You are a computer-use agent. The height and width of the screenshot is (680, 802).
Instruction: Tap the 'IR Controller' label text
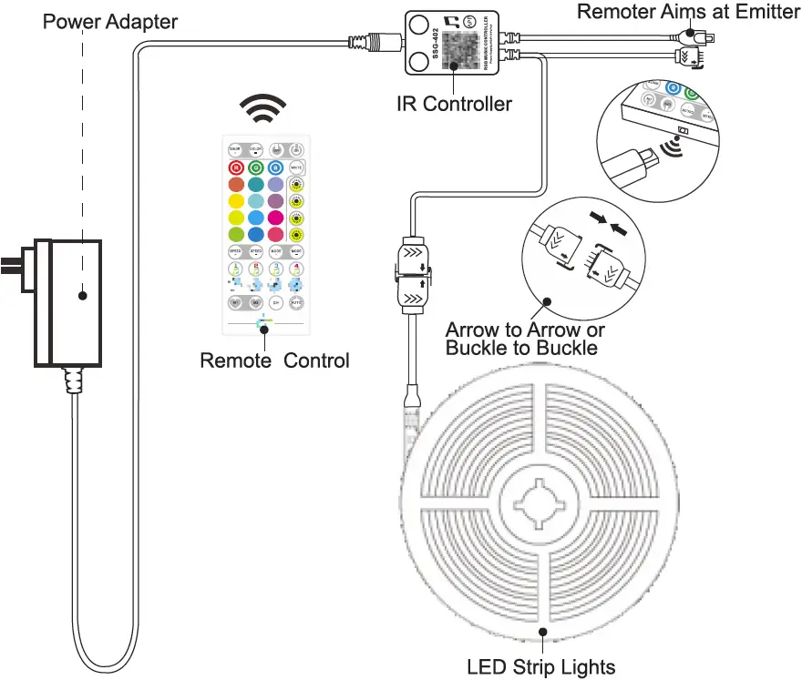[454, 104]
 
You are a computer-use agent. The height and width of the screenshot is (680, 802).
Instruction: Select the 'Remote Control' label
[274, 360]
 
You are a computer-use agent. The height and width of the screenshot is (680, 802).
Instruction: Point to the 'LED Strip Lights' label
[541, 666]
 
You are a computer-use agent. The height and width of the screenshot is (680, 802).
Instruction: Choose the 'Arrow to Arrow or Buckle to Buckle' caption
[523, 338]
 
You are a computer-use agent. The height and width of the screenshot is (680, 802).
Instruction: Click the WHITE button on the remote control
[296, 167]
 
